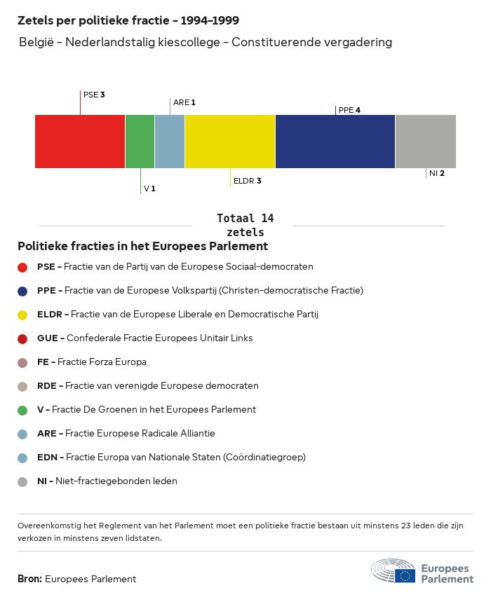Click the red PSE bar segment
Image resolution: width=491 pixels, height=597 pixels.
coord(80,142)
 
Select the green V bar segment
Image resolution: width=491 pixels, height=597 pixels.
coord(140,142)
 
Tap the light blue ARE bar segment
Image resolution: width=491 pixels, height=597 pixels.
coord(170,142)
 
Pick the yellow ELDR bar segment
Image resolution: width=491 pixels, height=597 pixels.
coord(230,142)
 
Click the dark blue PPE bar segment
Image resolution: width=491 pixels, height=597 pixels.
coord(335,142)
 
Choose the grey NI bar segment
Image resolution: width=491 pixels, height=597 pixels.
coord(425,142)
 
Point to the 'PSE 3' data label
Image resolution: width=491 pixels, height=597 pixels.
coord(94,95)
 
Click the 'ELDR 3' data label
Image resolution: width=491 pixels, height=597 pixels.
coord(247,181)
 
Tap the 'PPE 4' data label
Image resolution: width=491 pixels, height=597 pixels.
coord(349,110)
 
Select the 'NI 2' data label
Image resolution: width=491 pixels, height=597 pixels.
coord(436,173)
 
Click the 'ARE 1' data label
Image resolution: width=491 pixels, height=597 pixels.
coord(184,102)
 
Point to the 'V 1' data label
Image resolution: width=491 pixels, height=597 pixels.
coord(149,188)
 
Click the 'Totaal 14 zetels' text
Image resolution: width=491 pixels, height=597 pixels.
coord(245,225)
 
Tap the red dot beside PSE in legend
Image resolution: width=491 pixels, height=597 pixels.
coord(22,267)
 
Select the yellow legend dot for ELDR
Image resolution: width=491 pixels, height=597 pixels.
coord(22,315)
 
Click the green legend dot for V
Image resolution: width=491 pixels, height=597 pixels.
coord(22,410)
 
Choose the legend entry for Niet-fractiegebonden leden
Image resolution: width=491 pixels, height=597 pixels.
coord(107,481)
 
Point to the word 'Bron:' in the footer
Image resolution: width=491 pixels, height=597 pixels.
coord(30,579)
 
